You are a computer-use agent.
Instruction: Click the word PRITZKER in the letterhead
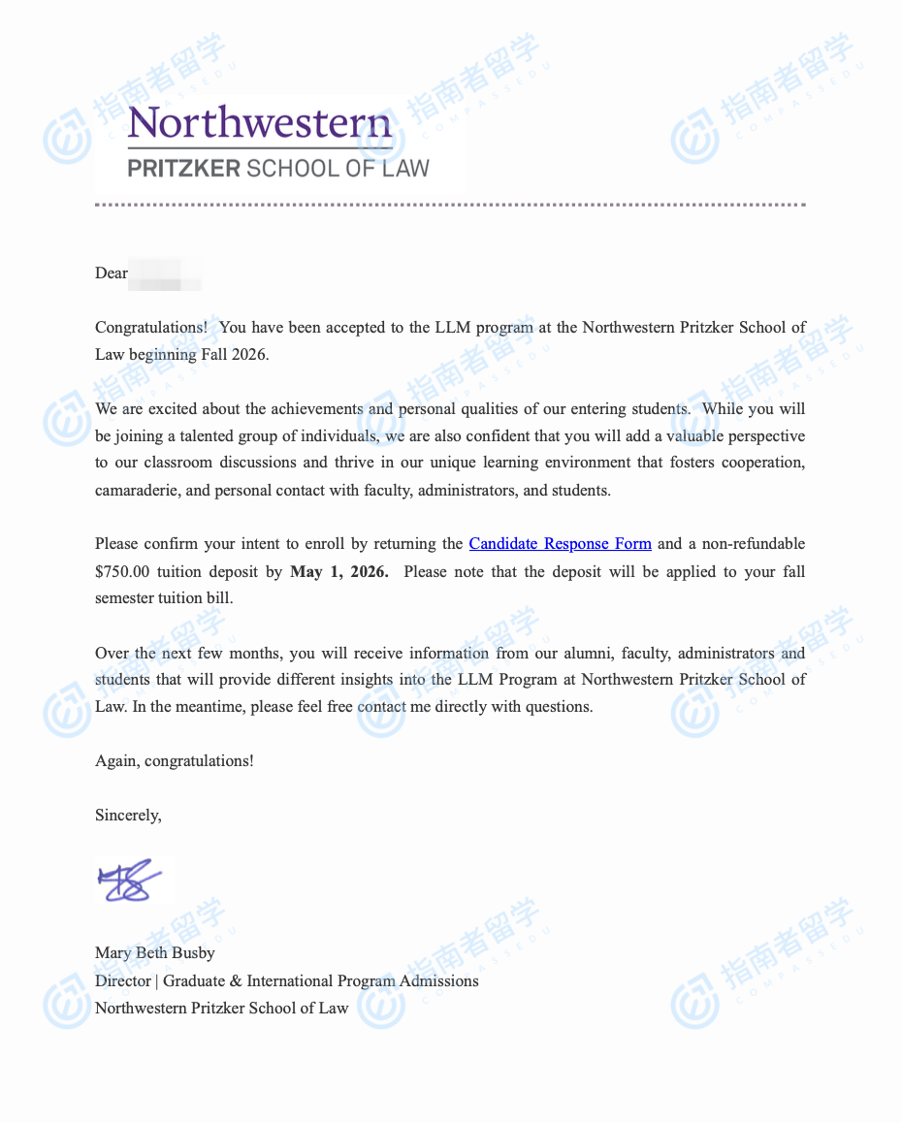coord(183,169)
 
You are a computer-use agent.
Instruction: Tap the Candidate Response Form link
coord(560,544)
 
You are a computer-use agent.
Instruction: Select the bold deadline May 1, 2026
coord(338,571)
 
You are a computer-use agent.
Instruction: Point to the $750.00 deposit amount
coord(128,571)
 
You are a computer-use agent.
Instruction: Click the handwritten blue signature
coord(129,880)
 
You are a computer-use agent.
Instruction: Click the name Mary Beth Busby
coord(155,953)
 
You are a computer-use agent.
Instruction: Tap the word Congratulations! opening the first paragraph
coord(150,328)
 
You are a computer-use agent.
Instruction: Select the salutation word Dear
coord(112,273)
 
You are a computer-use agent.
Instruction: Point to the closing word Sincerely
coord(128,816)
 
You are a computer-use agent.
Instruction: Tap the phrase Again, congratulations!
coord(175,761)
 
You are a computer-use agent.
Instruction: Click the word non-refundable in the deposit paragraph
coord(757,544)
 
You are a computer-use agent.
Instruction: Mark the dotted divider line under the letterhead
coord(450,205)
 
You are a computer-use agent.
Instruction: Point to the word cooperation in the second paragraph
coord(763,464)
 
